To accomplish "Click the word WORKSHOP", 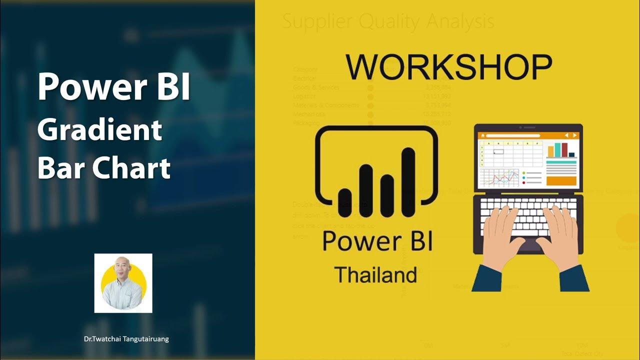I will point(448,67).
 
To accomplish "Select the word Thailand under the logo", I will point(375,275).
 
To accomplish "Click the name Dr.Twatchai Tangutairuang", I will point(126,339).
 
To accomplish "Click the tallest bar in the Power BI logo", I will point(408,175).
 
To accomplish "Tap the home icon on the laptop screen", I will point(483,135).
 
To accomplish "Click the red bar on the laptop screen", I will point(564,150).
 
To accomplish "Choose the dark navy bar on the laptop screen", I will point(571,154).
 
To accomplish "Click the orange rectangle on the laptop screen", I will point(561,180).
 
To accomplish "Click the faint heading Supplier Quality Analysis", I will point(388,21).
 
